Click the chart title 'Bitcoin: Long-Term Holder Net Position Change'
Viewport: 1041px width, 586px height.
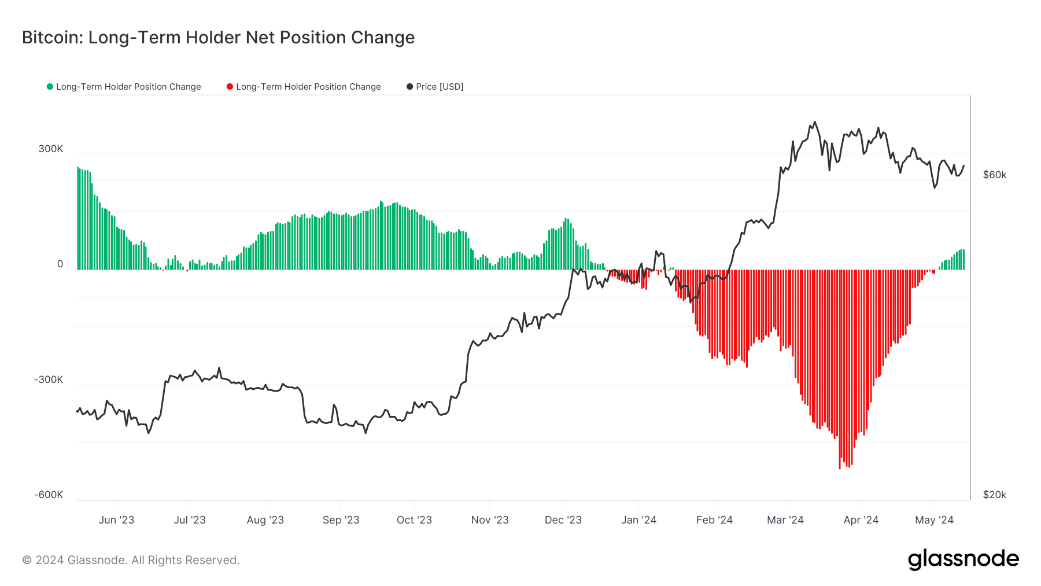pyautogui.click(x=218, y=38)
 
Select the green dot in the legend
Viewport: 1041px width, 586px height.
pyautogui.click(x=50, y=87)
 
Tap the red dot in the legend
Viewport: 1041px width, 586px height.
pyautogui.click(x=230, y=87)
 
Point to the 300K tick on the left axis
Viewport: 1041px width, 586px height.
pyautogui.click(x=51, y=149)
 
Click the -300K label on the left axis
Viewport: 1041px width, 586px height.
pyautogui.click(x=49, y=379)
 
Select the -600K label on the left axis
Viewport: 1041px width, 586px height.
pyautogui.click(x=49, y=495)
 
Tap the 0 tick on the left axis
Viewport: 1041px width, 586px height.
pyautogui.click(x=60, y=264)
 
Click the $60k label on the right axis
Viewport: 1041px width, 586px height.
pyautogui.click(x=994, y=175)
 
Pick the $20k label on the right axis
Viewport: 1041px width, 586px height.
pyautogui.click(x=994, y=495)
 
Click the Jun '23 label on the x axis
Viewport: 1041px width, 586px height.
pyautogui.click(x=116, y=520)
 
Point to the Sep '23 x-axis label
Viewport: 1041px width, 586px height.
pyautogui.click(x=341, y=520)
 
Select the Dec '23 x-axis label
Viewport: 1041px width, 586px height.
pyautogui.click(x=563, y=520)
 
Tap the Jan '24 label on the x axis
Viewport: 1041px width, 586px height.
pyautogui.click(x=638, y=520)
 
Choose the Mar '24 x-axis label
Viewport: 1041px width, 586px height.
pyautogui.click(x=785, y=520)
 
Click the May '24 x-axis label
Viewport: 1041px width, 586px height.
pyautogui.click(x=934, y=520)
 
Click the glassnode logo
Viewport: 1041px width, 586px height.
pyautogui.click(x=963, y=559)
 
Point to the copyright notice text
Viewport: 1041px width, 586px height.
pyautogui.click(x=131, y=560)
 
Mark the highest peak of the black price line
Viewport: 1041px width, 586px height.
pyautogui.click(x=815, y=122)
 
